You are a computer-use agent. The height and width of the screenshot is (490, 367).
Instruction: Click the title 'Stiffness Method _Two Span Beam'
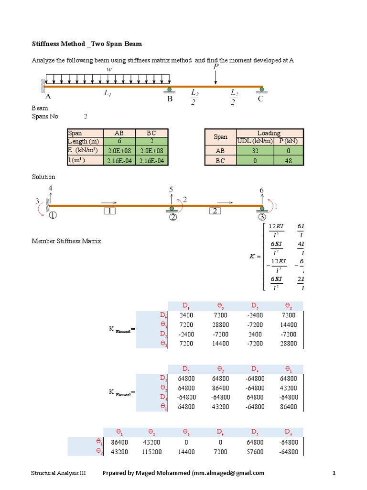click(86, 44)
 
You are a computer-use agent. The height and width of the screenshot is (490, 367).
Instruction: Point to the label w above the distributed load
click(110, 70)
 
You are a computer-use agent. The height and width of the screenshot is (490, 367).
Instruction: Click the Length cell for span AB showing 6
click(119, 141)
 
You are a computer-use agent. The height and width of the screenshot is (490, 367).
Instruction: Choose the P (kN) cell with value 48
click(288, 161)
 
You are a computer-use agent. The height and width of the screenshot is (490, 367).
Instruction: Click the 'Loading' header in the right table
click(269, 133)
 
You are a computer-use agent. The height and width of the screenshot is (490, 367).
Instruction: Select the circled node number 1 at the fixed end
click(52, 215)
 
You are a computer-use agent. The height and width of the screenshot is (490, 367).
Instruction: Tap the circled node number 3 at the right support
click(261, 216)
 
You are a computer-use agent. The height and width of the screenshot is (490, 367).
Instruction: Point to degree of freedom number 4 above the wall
click(51, 188)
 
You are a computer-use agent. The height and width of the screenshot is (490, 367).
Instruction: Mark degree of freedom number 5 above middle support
click(171, 189)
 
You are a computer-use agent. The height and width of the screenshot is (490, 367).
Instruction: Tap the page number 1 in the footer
click(335, 473)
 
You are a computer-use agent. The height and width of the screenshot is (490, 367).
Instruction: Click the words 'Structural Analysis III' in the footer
click(58, 473)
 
